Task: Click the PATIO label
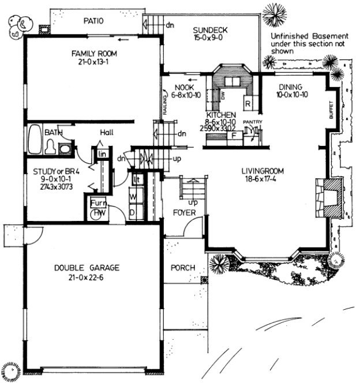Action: coord(92,21)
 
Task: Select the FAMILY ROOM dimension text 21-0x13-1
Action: coord(94,62)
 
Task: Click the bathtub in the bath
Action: coord(35,139)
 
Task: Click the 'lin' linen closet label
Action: coord(102,153)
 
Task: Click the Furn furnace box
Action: coord(96,203)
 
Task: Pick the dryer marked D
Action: coord(133,212)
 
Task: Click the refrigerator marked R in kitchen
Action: coord(246,104)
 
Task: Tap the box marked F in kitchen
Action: coord(234,136)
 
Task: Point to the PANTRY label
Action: coord(253,122)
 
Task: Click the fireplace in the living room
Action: coord(327,197)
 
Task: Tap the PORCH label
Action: coord(183,268)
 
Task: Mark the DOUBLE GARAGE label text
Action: coord(87,268)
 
